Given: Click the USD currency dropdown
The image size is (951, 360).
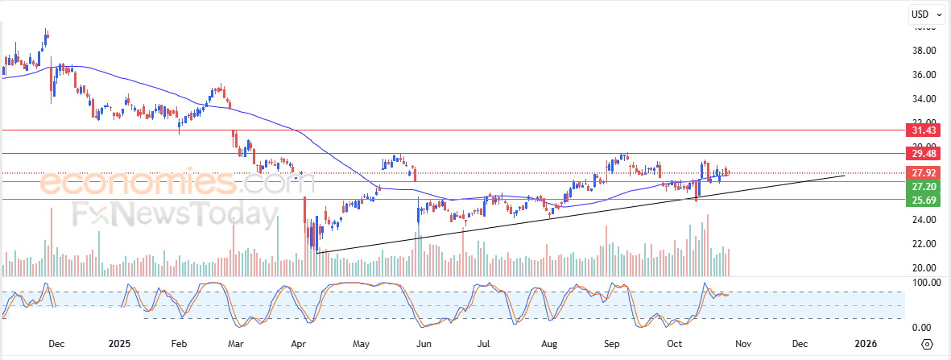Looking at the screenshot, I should point(927,14).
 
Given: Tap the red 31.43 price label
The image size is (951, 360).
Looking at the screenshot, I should point(922,130).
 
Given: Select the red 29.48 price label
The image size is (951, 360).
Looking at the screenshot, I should point(922,153).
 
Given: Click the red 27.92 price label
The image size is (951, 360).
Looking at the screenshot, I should point(922,172).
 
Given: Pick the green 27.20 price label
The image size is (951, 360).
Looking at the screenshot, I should point(922,185).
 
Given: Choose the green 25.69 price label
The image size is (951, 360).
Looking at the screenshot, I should point(922,199).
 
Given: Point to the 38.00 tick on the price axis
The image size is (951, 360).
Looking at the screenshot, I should point(924,51).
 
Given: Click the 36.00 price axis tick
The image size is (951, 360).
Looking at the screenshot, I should point(924,75).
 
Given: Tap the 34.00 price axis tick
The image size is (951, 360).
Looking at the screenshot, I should point(924,99).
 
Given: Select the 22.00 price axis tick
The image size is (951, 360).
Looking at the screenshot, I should point(924,244).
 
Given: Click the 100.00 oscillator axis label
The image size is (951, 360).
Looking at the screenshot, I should point(925,283).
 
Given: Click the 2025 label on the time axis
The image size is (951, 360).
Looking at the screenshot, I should point(118,344).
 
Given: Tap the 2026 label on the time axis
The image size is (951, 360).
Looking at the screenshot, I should point(866,344).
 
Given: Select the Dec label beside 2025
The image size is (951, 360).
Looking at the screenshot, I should point(56,344).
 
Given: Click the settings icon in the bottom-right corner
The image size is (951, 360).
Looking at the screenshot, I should point(927,344).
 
